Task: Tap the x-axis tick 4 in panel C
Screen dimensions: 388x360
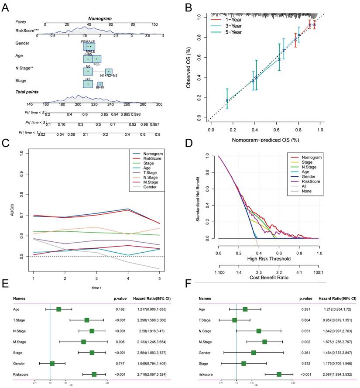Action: [x=127, y=278]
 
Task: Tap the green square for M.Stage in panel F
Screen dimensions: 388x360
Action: [x=264, y=341]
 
